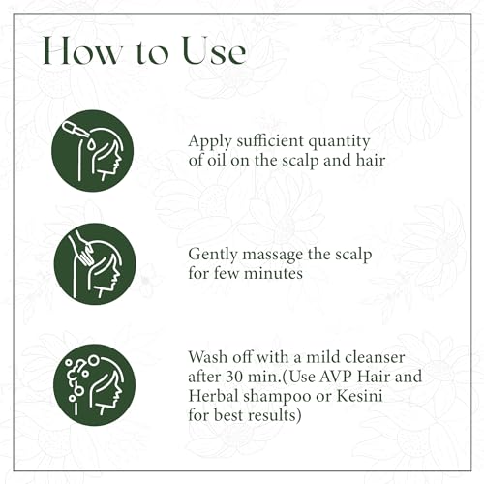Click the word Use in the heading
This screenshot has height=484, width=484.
coord(214,51)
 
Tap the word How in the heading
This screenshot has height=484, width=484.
coord(81,51)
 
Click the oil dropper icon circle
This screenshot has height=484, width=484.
coord(92,151)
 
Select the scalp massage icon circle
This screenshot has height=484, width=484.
coord(95,264)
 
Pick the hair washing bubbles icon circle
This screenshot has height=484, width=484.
coord(94,385)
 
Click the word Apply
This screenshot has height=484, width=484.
coord(210,142)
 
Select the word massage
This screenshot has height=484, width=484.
coord(273,256)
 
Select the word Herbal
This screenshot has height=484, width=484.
coord(213,396)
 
